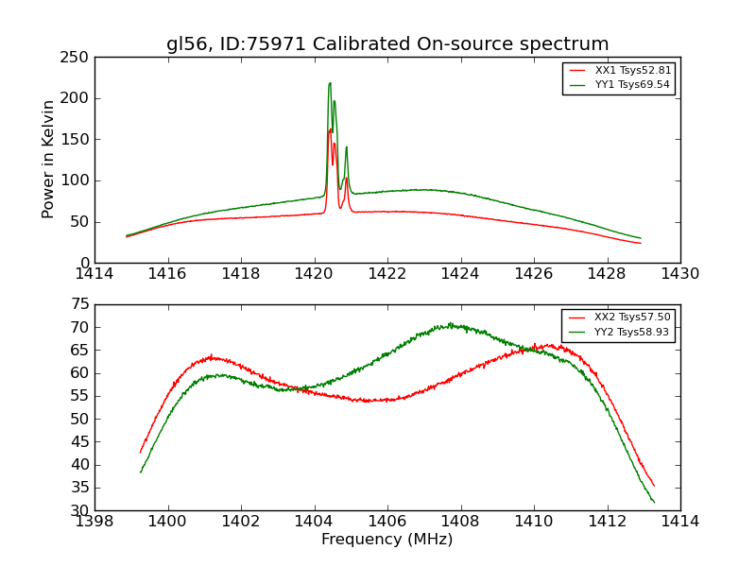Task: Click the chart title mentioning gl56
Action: pyautogui.click(x=387, y=44)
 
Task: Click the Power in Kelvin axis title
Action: pyautogui.click(x=48, y=160)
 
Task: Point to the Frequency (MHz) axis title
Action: pyautogui.click(x=387, y=540)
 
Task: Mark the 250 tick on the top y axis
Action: pyautogui.click(x=78, y=58)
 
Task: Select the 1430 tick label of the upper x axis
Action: pyautogui.click(x=679, y=274)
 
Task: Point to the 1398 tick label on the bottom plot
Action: pyautogui.click(x=94, y=522)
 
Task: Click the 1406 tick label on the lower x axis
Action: pyautogui.click(x=387, y=522)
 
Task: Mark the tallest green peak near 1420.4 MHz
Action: pyautogui.click(x=330, y=82)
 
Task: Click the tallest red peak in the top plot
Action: pyautogui.click(x=330, y=129)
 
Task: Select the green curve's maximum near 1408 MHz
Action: pyautogui.click(x=451, y=325)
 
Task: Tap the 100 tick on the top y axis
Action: pyautogui.click(x=78, y=180)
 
